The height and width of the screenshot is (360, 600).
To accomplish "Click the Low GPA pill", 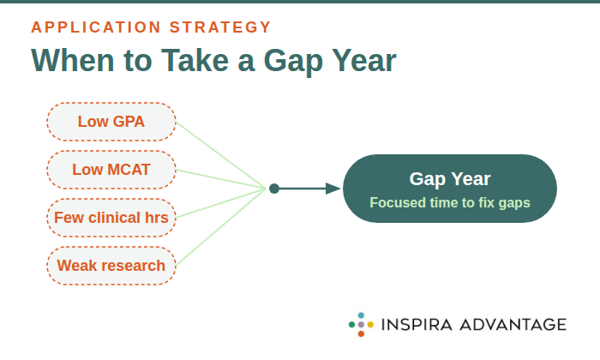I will pos(111,122).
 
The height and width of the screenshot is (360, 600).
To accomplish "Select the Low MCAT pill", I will pos(111,170).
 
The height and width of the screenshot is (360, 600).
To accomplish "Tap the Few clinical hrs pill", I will pos(111,218).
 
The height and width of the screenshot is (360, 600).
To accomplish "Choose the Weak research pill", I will pos(111,266).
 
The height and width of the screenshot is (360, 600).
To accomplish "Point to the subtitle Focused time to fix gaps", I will pos(450,203).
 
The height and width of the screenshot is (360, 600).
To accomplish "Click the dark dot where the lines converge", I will pos(273,189).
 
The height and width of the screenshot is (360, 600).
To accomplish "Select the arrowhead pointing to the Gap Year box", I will pos(333,189).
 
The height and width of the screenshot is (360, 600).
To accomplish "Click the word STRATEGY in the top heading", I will pos(223,27).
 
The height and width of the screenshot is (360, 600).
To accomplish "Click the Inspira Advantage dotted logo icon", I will pos(361,325).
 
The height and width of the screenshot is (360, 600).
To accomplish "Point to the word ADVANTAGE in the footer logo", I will pos(514,325).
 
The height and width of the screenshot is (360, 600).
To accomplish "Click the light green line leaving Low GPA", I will pos(219,154).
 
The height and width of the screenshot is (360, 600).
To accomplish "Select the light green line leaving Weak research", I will pos(219,226).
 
